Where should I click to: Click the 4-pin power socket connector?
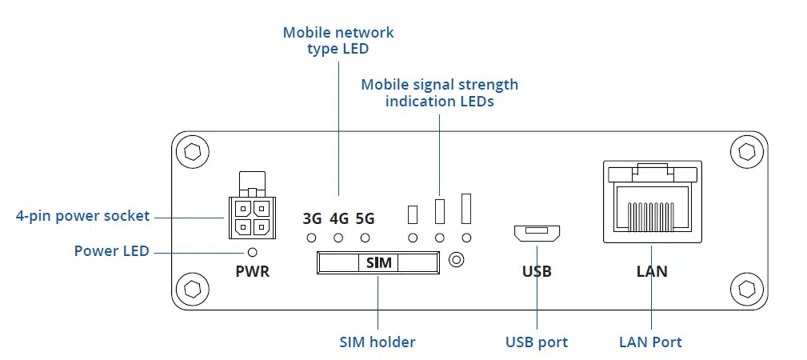click(250, 217)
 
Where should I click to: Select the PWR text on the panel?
click(253, 271)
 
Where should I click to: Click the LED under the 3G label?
click(312, 238)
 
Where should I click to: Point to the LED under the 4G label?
click(338, 238)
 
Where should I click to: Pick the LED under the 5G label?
click(365, 238)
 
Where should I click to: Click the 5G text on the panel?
click(365, 218)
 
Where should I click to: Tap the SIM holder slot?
click(378, 262)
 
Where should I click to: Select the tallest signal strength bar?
click(466, 208)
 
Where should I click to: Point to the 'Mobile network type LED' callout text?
click(338, 41)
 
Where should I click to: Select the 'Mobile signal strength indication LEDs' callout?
click(439, 93)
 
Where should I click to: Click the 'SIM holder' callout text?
click(378, 342)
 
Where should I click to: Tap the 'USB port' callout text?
click(537, 342)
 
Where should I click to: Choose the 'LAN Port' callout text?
click(650, 342)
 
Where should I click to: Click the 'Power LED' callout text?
click(112, 251)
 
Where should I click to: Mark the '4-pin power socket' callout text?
click(83, 216)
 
